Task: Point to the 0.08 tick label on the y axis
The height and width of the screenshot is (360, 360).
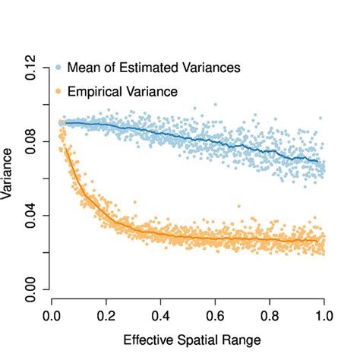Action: tap(31, 141)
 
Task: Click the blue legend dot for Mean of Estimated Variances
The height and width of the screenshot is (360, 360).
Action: tap(59, 68)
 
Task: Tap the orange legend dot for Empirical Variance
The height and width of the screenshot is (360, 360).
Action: tap(59, 91)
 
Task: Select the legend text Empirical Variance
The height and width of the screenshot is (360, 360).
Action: tap(122, 91)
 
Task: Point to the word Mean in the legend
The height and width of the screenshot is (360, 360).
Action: tap(82, 68)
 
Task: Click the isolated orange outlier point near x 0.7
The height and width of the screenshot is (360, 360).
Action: tap(238, 206)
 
